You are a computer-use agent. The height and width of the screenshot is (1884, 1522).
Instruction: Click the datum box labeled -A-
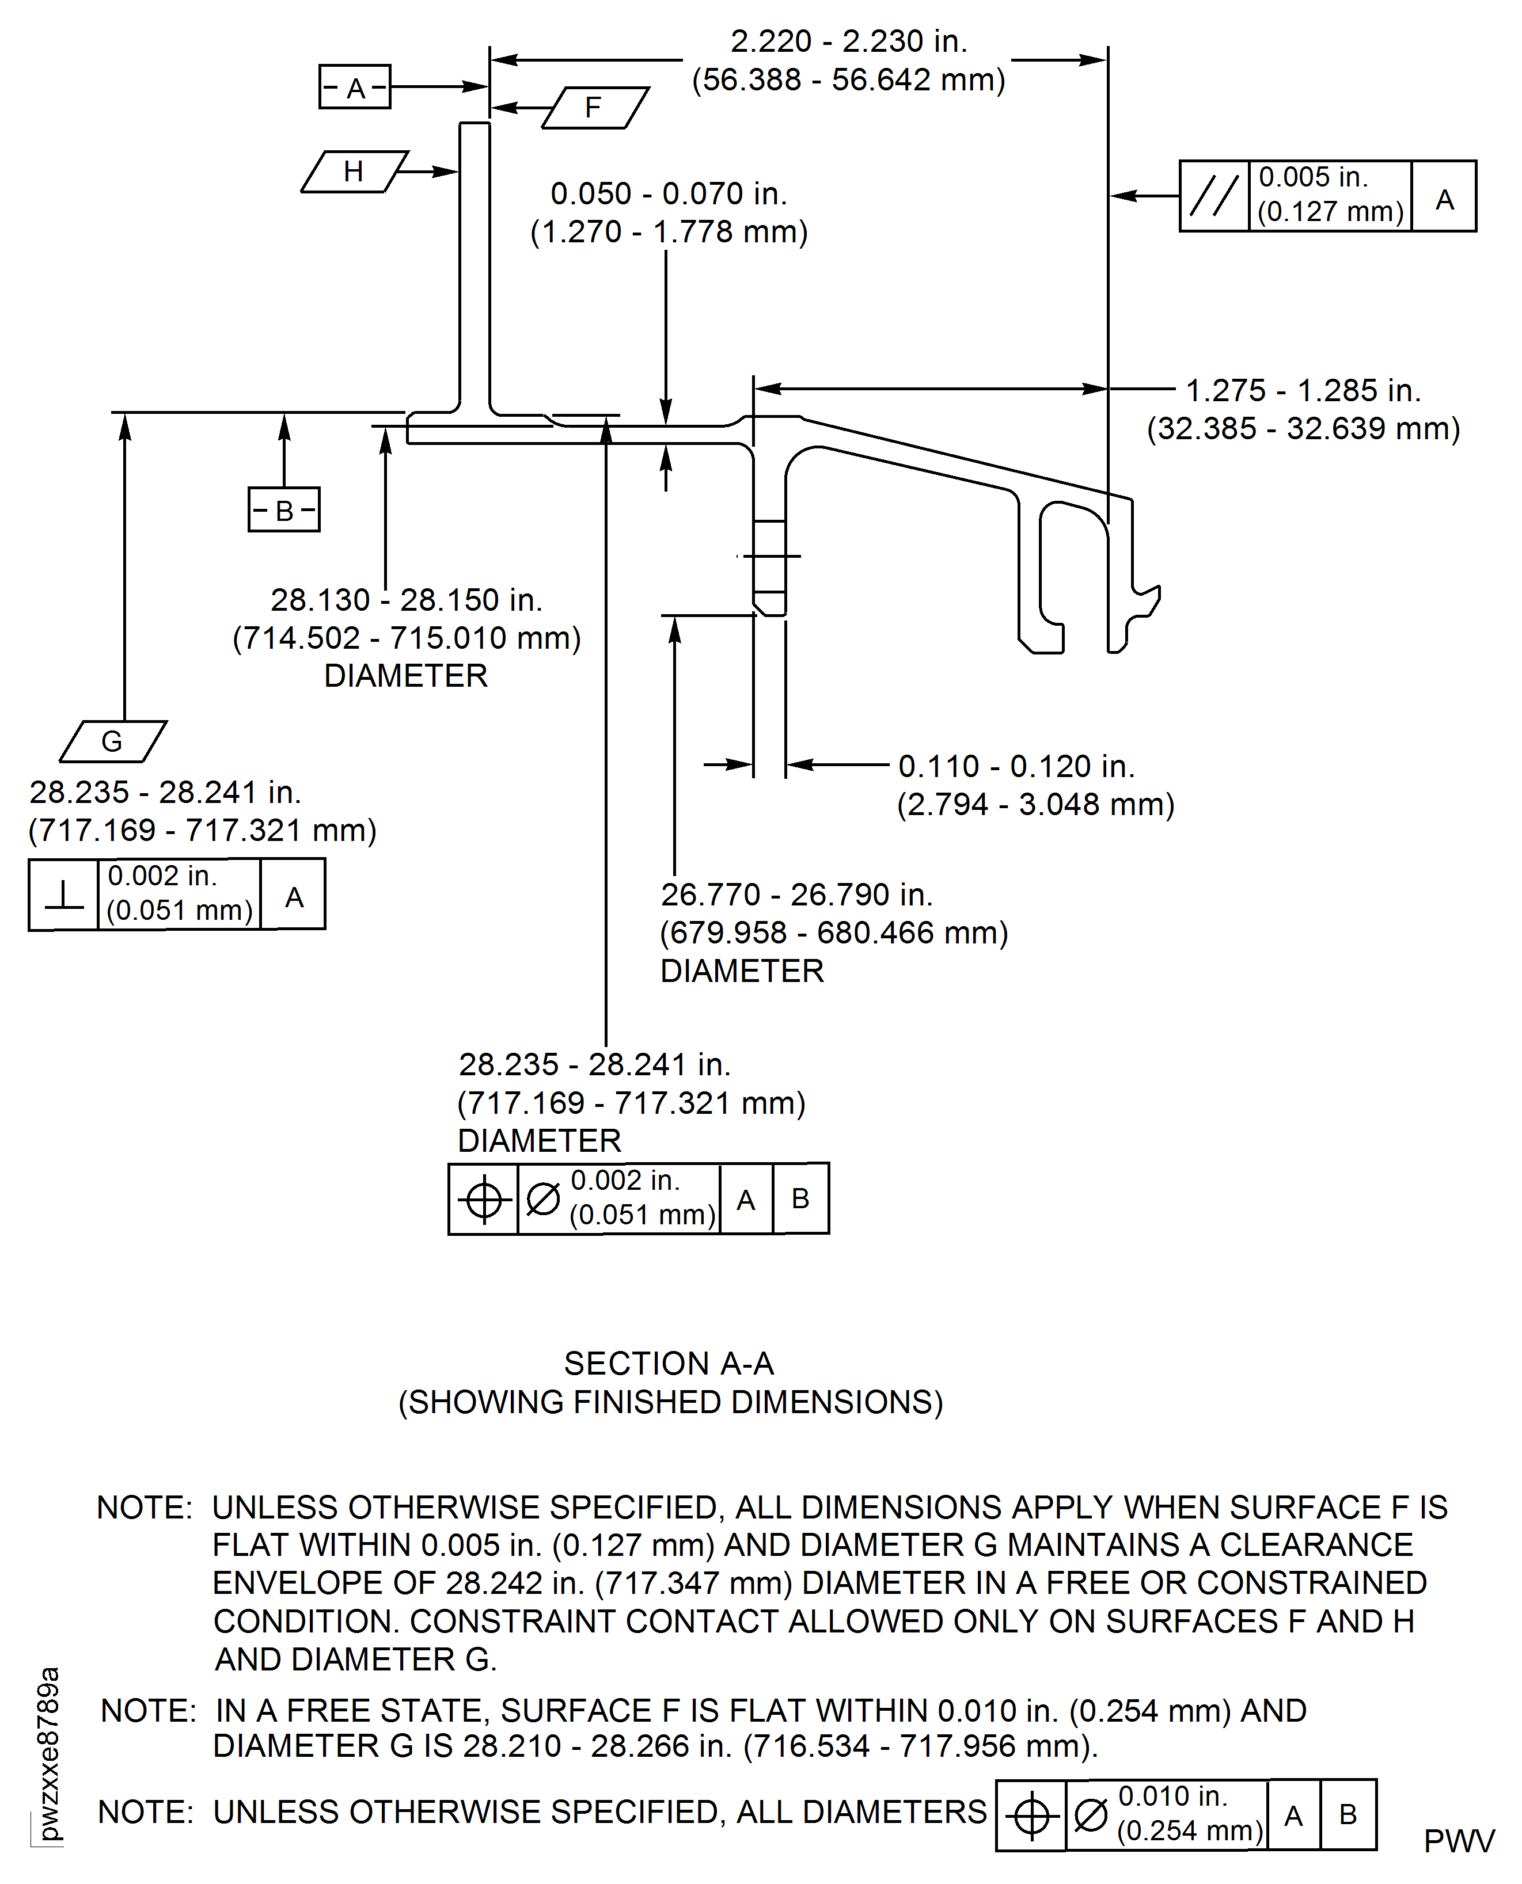tap(354, 87)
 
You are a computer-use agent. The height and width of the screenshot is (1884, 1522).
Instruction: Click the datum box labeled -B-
tap(283, 509)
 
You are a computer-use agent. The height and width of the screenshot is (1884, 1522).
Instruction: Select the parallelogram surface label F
tap(594, 108)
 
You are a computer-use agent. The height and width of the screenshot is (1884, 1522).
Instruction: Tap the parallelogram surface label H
tap(354, 172)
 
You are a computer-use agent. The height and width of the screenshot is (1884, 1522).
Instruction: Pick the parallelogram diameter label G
tap(112, 741)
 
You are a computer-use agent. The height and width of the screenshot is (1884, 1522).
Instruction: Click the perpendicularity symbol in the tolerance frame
tap(63, 894)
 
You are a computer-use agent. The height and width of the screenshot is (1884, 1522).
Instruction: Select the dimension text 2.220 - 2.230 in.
tap(849, 41)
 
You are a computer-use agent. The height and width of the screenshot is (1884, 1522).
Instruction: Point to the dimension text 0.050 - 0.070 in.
tap(668, 193)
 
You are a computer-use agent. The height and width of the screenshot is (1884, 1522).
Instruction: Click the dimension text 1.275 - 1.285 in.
tap(1303, 390)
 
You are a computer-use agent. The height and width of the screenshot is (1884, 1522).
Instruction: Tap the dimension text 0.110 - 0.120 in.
tap(1016, 766)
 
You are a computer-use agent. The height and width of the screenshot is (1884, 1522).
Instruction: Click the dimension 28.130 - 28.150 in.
tap(406, 600)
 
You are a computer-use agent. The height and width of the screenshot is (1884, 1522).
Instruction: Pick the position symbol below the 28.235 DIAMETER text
tap(483, 1200)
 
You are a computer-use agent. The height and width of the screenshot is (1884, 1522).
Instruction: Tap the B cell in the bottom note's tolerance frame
tap(1348, 1814)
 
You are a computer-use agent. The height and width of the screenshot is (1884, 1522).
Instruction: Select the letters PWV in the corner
tap(1459, 1841)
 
